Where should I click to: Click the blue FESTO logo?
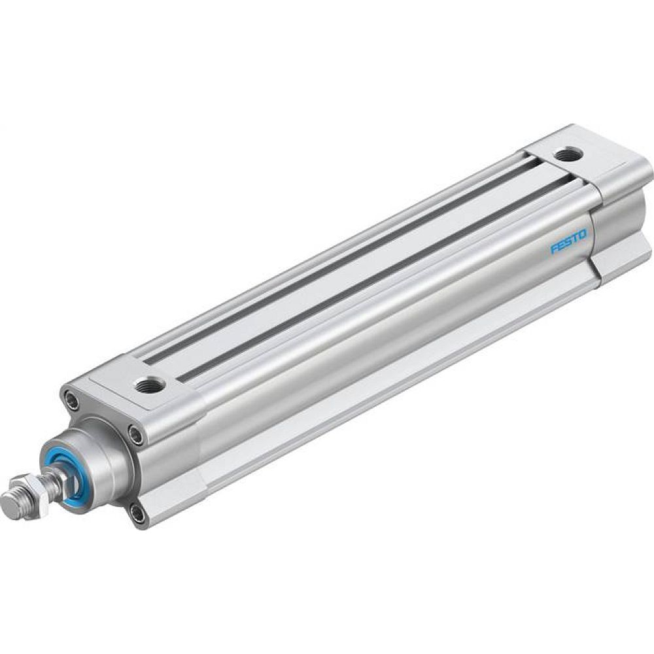(568, 241)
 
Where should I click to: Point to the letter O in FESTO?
(583, 233)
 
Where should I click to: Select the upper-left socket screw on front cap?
(71, 399)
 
